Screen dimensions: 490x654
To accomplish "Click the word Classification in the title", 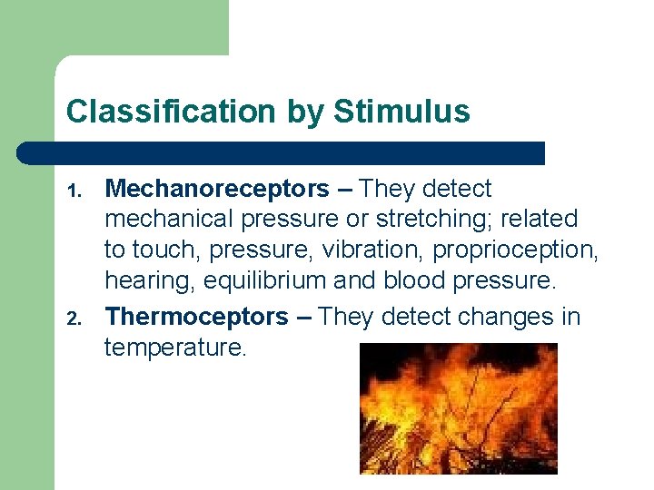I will pos(170,112).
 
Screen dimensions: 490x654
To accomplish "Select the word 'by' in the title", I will pos(303,112).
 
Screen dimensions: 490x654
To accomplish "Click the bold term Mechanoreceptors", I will pos(217,189).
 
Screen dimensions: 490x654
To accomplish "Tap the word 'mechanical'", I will pos(169,219).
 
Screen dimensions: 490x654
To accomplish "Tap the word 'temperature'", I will pos(174,347).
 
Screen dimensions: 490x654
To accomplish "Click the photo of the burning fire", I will pos(459,407).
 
